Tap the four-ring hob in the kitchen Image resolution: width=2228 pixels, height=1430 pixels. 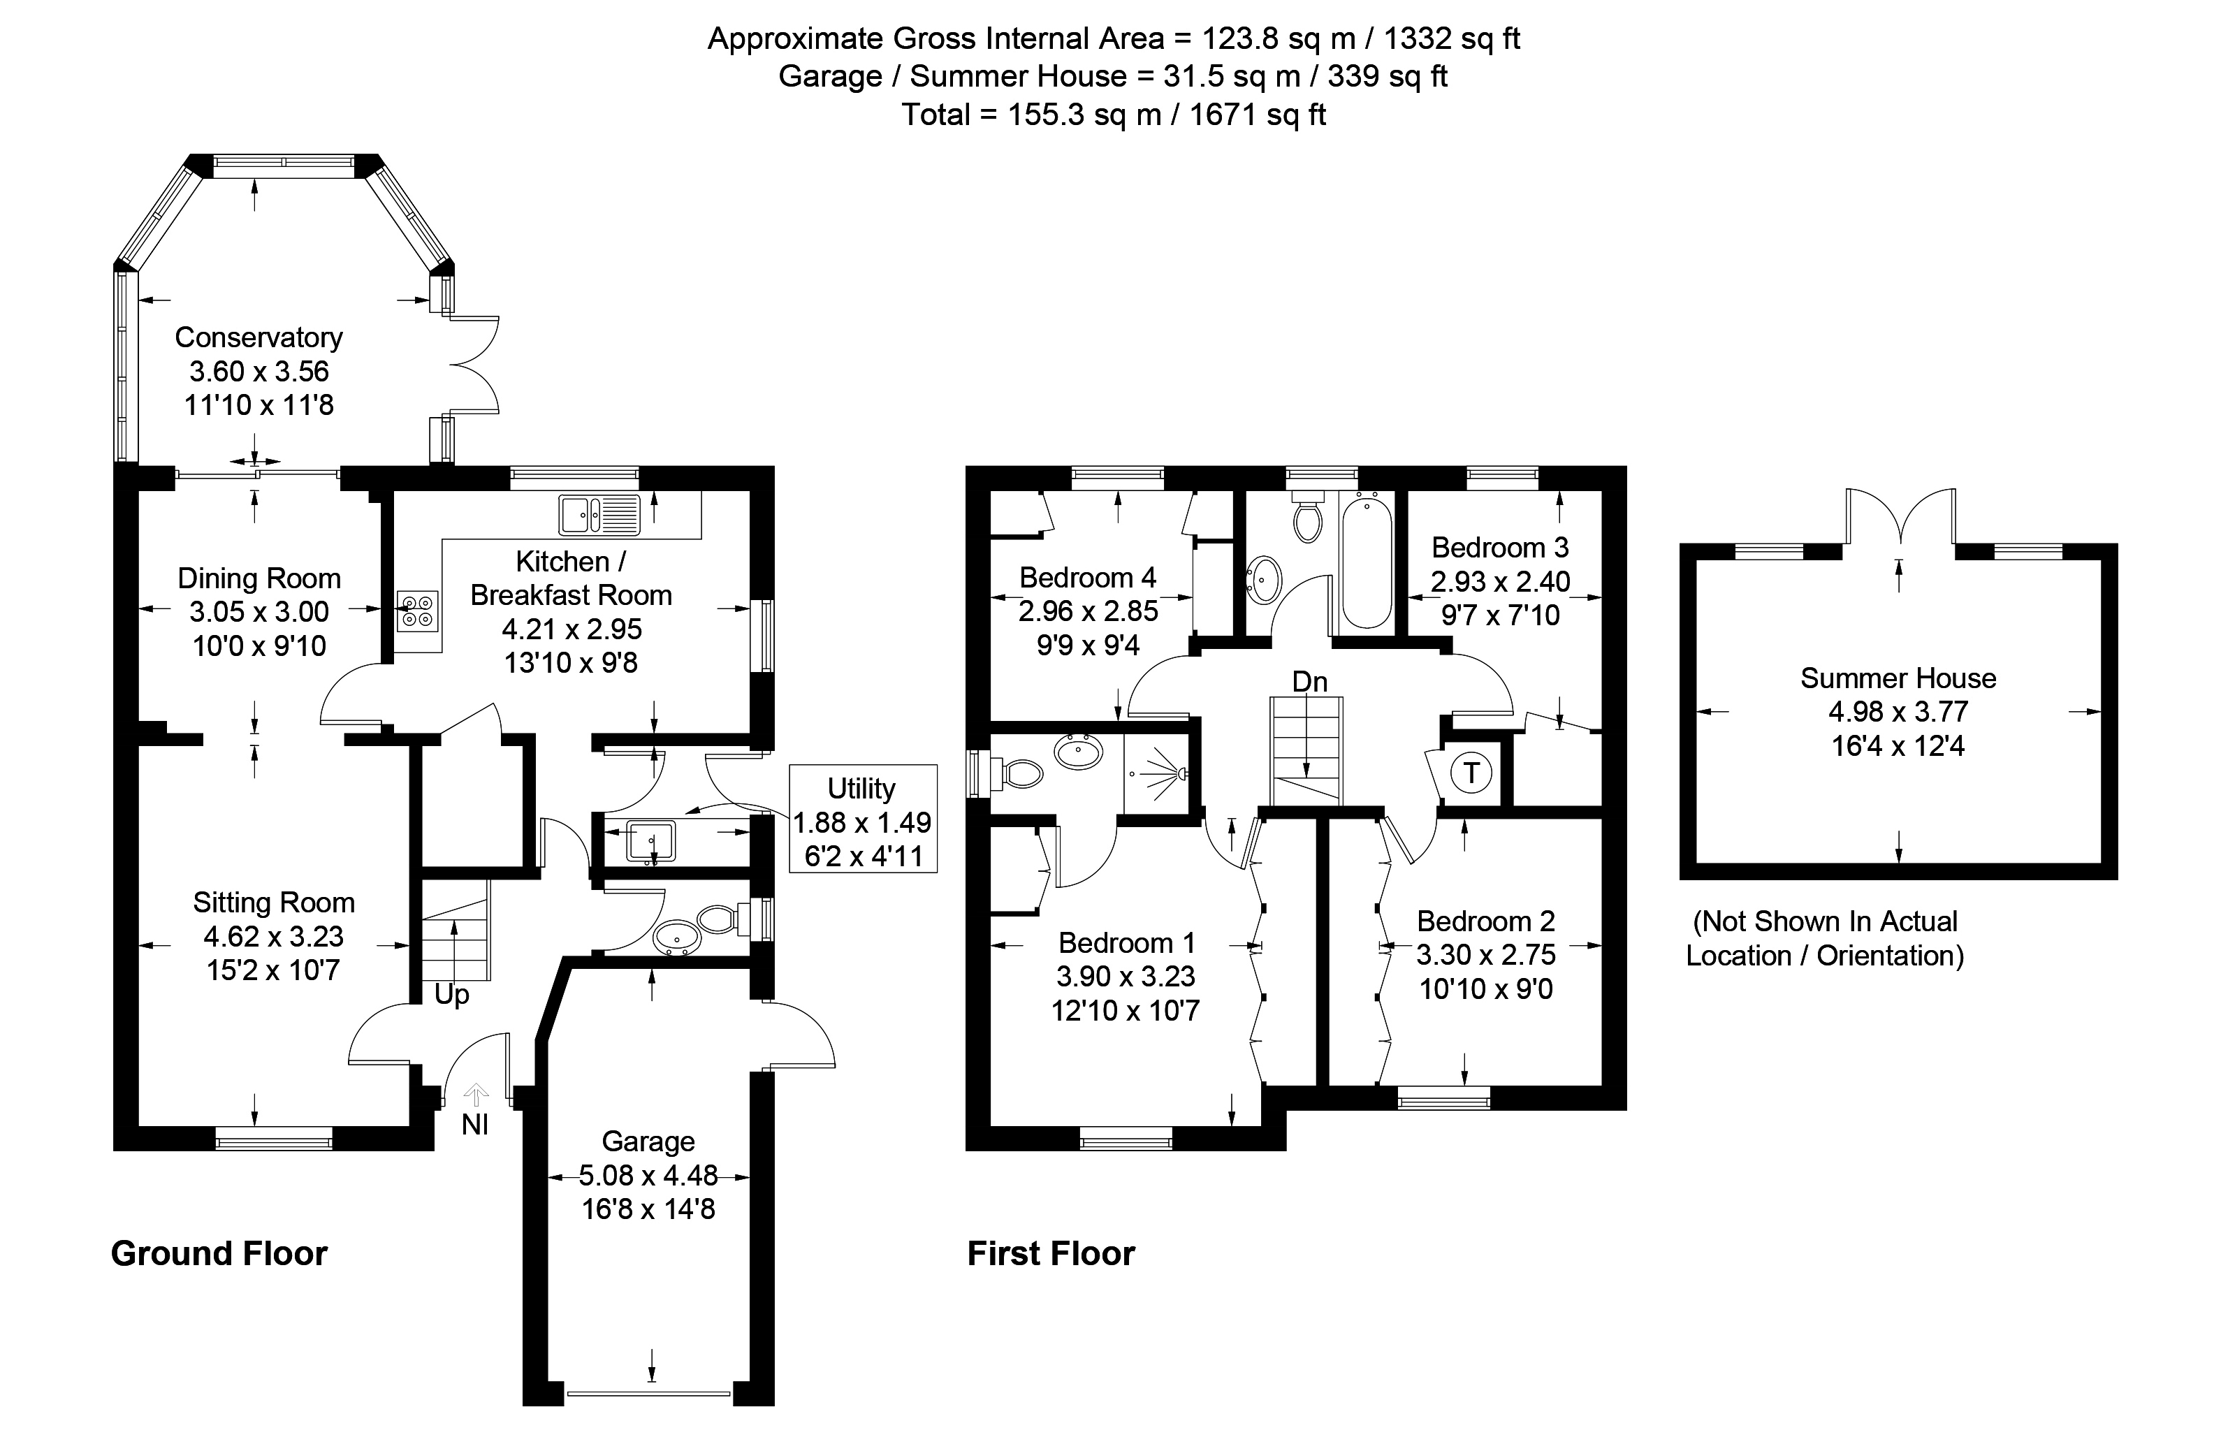[x=416, y=611]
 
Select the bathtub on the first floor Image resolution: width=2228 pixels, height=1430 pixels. [x=1366, y=563]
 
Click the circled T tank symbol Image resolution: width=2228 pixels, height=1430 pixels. [x=1471, y=773]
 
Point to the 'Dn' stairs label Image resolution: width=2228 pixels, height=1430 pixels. [x=1309, y=682]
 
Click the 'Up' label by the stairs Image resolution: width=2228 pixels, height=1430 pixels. [x=451, y=995]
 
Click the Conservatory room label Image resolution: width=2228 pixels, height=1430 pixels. [x=259, y=337]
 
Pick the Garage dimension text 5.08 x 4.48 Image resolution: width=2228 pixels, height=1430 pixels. [x=648, y=1176]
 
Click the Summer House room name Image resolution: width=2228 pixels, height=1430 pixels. [x=1898, y=678]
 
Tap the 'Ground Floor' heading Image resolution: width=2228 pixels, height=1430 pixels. [x=219, y=1253]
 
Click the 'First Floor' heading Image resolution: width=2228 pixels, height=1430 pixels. [x=1050, y=1253]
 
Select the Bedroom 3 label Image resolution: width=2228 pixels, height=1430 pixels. [x=1500, y=547]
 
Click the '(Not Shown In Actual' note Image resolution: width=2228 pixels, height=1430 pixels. [x=1825, y=921]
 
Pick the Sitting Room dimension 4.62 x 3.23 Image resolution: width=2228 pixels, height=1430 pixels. [x=273, y=936]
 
